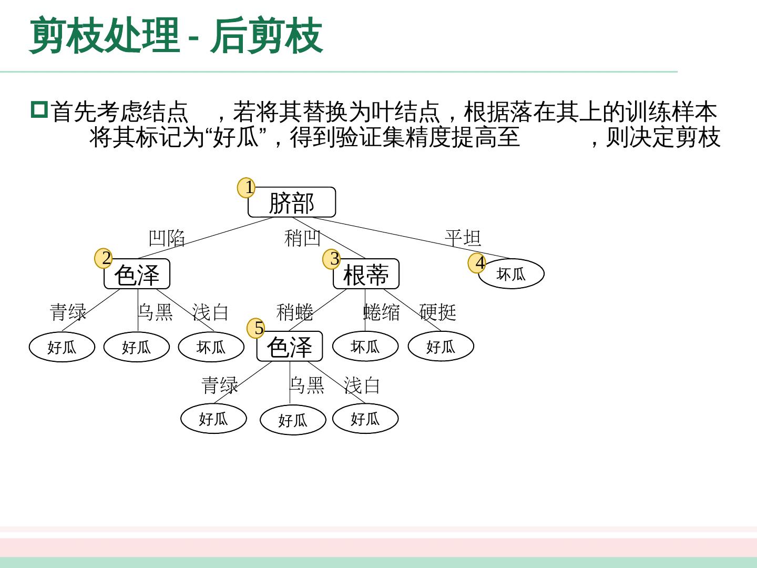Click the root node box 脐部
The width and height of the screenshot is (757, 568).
click(x=292, y=202)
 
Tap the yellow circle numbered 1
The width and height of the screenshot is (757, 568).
click(x=246, y=188)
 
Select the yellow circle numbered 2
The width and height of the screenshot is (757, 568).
click(x=104, y=258)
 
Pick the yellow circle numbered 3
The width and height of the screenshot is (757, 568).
click(x=332, y=259)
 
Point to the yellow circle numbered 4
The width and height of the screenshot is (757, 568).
click(x=477, y=263)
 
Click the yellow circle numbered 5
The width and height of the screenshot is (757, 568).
click(x=256, y=328)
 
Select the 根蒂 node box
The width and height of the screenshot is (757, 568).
click(x=366, y=275)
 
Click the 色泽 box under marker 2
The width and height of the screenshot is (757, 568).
click(x=137, y=275)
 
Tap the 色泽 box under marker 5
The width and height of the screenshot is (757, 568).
click(x=290, y=347)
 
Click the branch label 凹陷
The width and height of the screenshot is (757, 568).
click(x=167, y=238)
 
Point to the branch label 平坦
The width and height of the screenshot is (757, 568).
click(x=463, y=238)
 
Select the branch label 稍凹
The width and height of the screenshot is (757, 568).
click(x=302, y=238)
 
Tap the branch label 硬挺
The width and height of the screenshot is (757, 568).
click(x=437, y=312)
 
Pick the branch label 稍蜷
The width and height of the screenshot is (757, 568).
click(x=295, y=312)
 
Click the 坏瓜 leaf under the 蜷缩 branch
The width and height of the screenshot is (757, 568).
click(x=365, y=347)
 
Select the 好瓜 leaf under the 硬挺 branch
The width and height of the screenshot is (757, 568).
click(x=441, y=347)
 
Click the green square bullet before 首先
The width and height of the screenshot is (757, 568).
click(x=39, y=110)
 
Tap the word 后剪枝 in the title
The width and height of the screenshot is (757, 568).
click(x=267, y=36)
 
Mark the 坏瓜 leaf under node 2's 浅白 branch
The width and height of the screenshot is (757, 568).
click(x=211, y=347)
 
